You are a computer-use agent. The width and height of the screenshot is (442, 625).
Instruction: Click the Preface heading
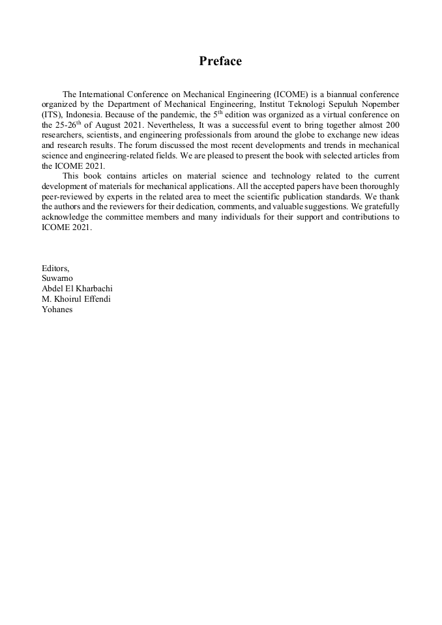220,61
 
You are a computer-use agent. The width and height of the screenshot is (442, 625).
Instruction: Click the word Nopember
379,104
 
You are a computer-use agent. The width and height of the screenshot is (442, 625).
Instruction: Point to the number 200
391,124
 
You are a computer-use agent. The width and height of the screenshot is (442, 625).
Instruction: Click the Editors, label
55,268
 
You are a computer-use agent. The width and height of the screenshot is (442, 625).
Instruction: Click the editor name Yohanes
57,309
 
